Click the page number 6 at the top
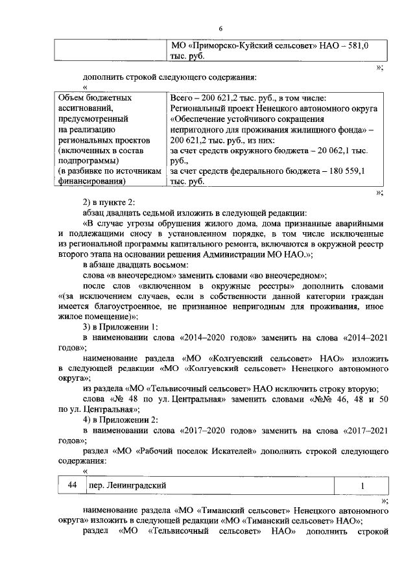[220, 29]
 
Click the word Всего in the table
[181, 97]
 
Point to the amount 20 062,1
[349, 150]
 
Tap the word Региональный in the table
[198, 108]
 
